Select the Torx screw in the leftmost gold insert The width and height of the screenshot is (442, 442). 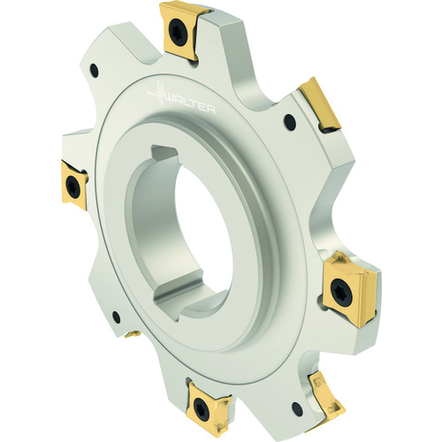[71, 183]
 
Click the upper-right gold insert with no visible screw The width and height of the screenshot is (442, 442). [320, 105]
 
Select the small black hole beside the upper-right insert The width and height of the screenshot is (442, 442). [290, 120]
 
